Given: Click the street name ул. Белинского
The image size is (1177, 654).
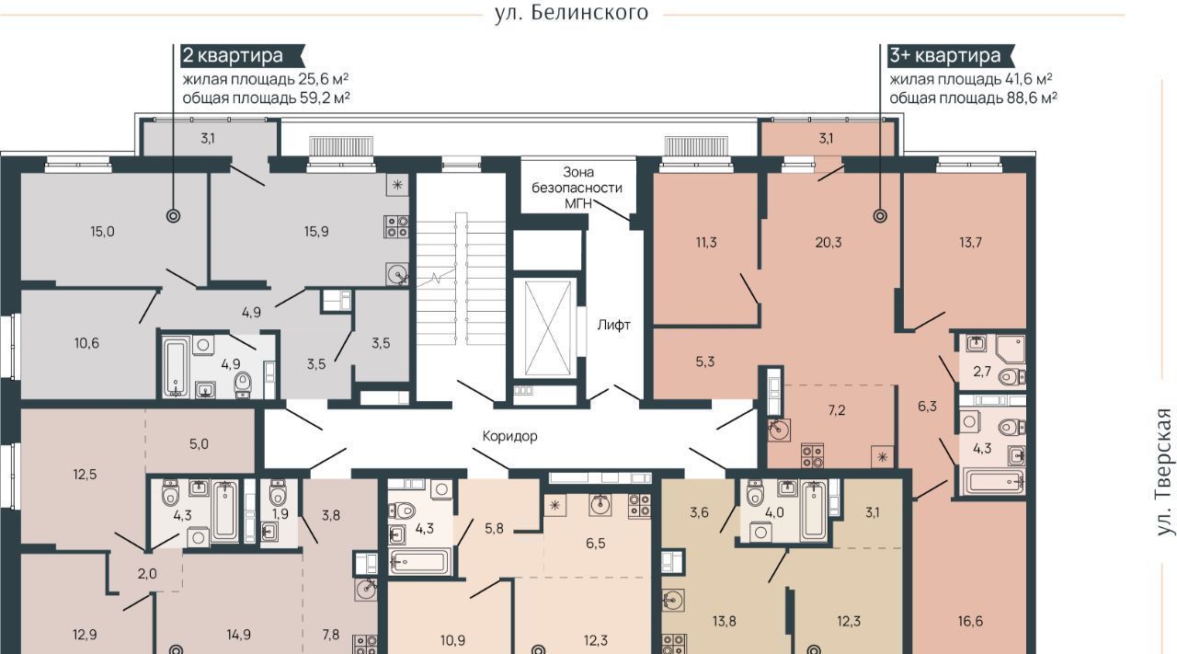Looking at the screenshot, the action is (571, 12).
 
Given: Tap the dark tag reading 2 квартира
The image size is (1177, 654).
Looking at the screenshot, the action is (242, 55).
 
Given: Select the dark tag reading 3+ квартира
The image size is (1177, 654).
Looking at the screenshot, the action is (950, 55).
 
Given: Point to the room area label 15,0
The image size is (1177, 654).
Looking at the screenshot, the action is (102, 231).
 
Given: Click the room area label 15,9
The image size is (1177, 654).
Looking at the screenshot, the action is (316, 231).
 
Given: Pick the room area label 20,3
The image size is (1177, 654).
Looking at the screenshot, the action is (828, 242).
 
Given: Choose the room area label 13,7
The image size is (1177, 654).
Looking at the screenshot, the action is (970, 242).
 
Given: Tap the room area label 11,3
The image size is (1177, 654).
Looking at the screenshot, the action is (706, 242).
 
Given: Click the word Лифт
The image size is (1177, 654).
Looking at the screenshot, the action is (613, 325).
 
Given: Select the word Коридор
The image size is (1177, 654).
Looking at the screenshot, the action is (509, 436).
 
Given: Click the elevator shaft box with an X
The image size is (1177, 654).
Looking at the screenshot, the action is (548, 328).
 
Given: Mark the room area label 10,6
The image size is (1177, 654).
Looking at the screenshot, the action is (86, 343).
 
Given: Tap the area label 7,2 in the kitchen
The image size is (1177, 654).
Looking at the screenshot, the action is (837, 410).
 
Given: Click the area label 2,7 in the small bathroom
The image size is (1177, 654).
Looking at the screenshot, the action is (981, 372).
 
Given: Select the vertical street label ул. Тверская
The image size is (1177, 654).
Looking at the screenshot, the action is (1165, 472).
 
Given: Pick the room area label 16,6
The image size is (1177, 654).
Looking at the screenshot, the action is (970, 622).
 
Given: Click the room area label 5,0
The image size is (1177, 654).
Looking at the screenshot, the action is (199, 444).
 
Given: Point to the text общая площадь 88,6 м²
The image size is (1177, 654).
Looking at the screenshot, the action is (973, 98).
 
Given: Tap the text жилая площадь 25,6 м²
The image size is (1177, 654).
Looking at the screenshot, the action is (266, 79).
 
